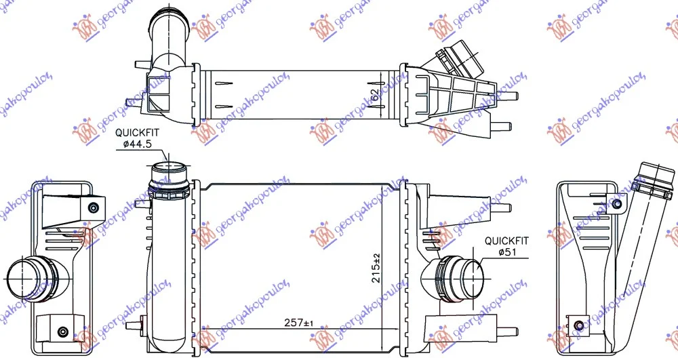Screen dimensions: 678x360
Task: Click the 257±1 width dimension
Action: [x=299, y=323]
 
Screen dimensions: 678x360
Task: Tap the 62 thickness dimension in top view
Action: [x=375, y=95]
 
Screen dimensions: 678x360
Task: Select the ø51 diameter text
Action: [x=506, y=252]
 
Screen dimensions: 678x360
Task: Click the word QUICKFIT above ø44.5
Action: [x=138, y=133]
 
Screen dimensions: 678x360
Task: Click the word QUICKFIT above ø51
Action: [x=506, y=240]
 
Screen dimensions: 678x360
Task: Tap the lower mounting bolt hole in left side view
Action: [x=62, y=332]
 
